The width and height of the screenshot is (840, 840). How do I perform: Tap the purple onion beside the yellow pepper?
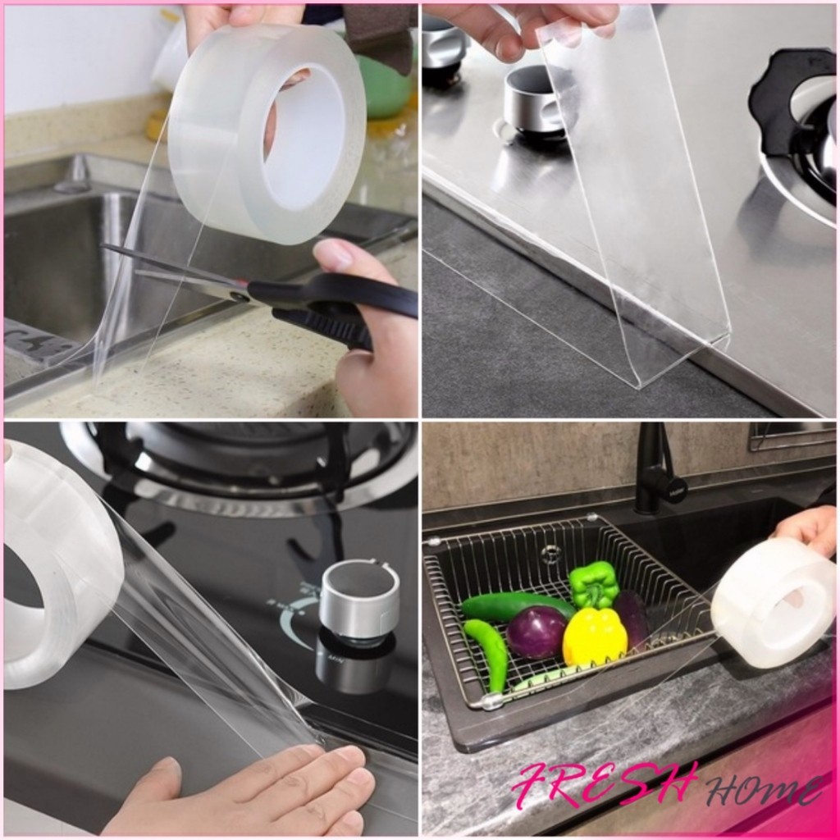tap(536, 632)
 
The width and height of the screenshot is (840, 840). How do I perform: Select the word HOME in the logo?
tap(764, 790)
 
